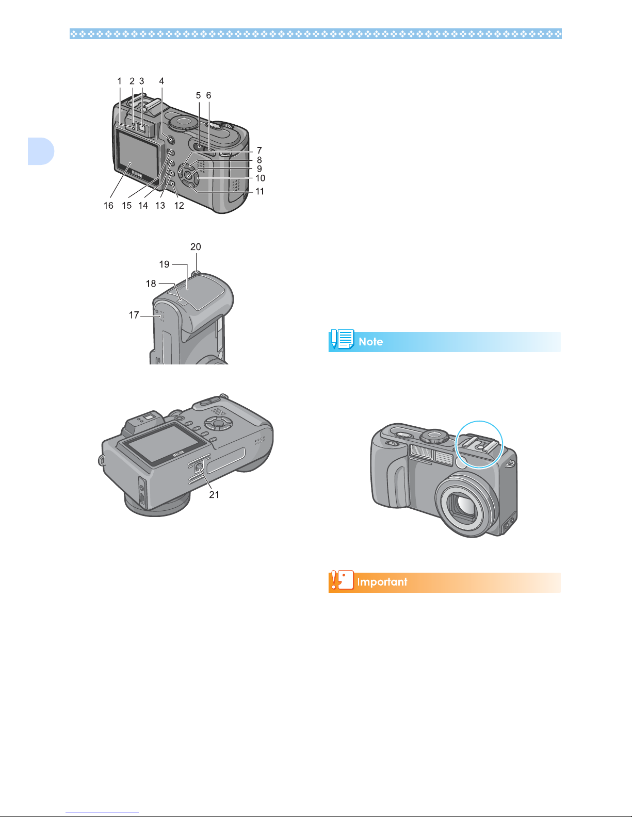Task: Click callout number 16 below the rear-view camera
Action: point(108,206)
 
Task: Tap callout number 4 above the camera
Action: point(161,81)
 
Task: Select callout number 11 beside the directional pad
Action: point(260,191)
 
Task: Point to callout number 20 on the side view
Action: point(196,247)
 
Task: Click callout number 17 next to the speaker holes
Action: point(134,315)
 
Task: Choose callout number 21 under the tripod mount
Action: point(214,495)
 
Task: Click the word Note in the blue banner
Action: point(370,342)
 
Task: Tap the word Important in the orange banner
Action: point(382,582)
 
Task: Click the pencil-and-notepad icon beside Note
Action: point(342,339)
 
